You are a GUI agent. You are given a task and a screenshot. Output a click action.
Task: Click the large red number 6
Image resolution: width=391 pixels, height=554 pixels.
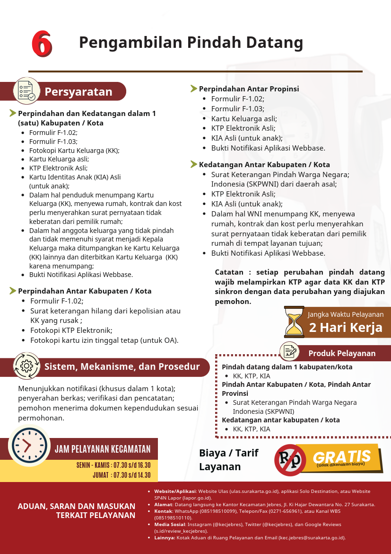click(42, 44)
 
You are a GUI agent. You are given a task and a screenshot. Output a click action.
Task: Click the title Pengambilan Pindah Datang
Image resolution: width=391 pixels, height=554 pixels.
click(191, 43)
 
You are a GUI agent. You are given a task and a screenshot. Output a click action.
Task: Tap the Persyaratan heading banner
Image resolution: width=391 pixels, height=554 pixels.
click(78, 92)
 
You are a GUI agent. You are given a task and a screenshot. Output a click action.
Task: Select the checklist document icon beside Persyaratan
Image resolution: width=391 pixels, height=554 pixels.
click(26, 90)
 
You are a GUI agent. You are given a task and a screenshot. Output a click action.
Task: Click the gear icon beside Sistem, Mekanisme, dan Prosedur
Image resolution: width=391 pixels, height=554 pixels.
click(26, 366)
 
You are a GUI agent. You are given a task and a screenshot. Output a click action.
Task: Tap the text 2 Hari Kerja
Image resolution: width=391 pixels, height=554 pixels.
click(346, 328)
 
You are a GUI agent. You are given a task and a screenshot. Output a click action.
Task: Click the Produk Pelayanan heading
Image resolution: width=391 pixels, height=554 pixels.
click(342, 353)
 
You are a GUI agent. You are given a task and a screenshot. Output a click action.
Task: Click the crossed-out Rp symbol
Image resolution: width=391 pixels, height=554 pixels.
click(290, 460)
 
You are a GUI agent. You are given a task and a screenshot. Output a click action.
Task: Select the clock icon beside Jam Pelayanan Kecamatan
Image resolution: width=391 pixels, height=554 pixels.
click(29, 446)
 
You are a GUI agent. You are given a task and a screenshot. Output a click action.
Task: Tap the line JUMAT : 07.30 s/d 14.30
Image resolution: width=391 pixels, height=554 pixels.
click(122, 475)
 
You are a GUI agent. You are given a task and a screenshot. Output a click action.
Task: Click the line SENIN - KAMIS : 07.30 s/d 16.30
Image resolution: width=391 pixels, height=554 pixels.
click(113, 465)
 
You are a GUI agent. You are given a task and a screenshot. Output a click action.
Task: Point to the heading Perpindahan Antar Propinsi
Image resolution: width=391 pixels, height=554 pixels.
click(249, 89)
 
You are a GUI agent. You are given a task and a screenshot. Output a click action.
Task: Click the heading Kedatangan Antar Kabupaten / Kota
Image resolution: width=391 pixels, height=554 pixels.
click(264, 165)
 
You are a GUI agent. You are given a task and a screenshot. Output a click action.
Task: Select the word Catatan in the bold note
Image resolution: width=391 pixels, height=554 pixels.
click(230, 273)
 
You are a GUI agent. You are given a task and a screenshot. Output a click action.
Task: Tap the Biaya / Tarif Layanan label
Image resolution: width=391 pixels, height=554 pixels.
click(228, 460)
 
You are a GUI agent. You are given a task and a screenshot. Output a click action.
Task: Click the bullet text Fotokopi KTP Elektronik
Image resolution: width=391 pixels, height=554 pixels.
click(71, 331)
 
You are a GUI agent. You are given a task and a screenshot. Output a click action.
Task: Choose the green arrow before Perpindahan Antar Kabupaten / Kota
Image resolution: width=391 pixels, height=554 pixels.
click(13, 291)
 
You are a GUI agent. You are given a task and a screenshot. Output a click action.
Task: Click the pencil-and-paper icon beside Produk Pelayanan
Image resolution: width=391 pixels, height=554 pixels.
click(289, 351)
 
